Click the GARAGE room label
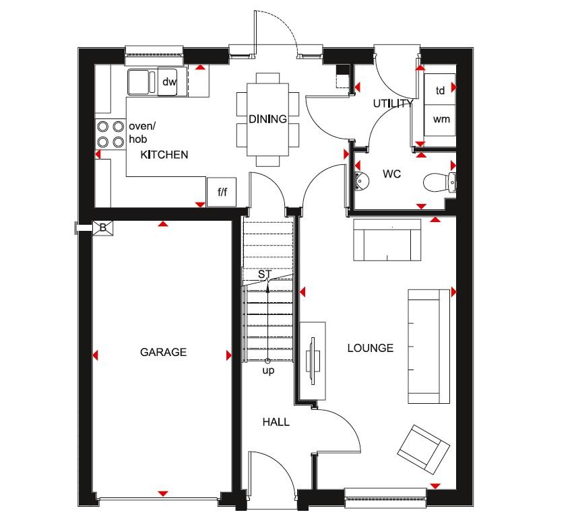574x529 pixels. (x=163, y=352)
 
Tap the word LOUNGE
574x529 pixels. (x=371, y=348)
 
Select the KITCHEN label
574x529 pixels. (x=164, y=155)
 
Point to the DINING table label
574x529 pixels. (x=267, y=119)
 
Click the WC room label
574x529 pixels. (x=391, y=174)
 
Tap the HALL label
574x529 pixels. (x=276, y=422)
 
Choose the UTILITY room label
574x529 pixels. (x=393, y=104)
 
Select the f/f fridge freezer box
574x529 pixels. (x=222, y=192)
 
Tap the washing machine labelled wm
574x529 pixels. (x=440, y=120)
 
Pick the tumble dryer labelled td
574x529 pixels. (x=440, y=90)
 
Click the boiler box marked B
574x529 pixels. (x=103, y=227)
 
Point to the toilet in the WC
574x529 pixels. (x=439, y=182)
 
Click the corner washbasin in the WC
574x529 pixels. (x=361, y=180)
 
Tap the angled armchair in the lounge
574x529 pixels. (x=424, y=450)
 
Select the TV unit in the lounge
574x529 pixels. (x=313, y=361)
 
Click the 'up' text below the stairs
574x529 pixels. (x=268, y=371)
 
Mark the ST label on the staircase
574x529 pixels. (x=265, y=274)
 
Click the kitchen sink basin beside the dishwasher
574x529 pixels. (x=139, y=81)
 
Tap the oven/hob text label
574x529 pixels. (x=142, y=133)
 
